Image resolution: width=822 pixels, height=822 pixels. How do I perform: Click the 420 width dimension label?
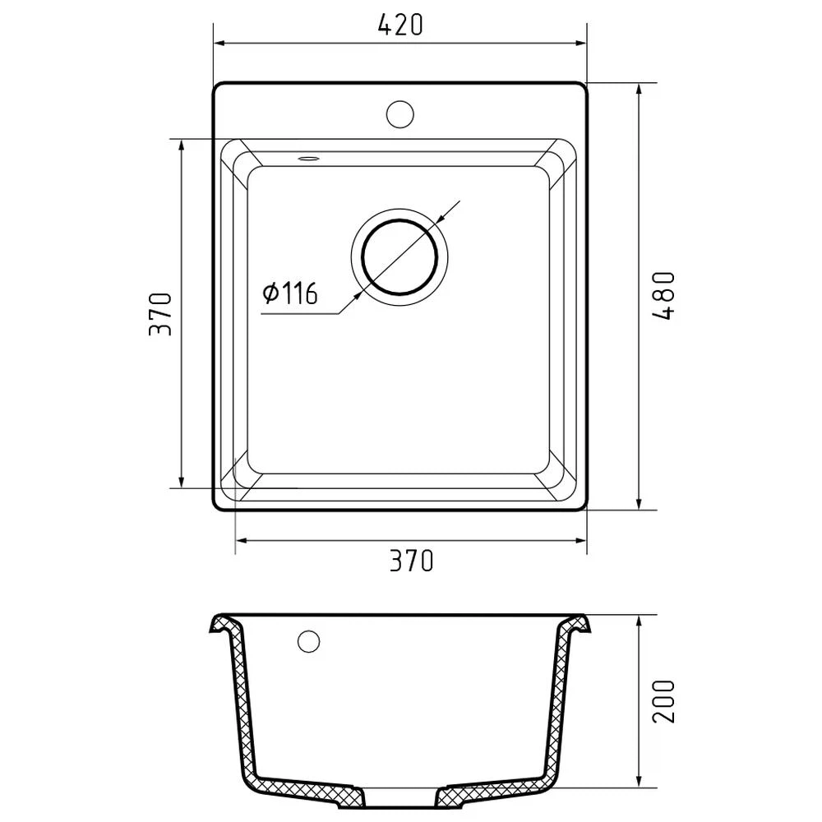(x=400, y=25)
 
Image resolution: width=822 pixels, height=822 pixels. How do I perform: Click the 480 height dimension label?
(x=663, y=296)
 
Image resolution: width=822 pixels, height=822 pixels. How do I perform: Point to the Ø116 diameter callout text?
(x=290, y=293)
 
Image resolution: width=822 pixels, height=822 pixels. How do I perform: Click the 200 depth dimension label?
(x=663, y=701)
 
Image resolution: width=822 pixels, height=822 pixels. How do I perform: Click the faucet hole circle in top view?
(x=400, y=114)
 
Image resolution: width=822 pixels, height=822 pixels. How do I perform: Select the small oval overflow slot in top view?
(x=309, y=158)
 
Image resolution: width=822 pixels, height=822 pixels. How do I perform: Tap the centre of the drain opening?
(x=399, y=256)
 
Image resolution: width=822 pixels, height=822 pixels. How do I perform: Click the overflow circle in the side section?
(x=308, y=640)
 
